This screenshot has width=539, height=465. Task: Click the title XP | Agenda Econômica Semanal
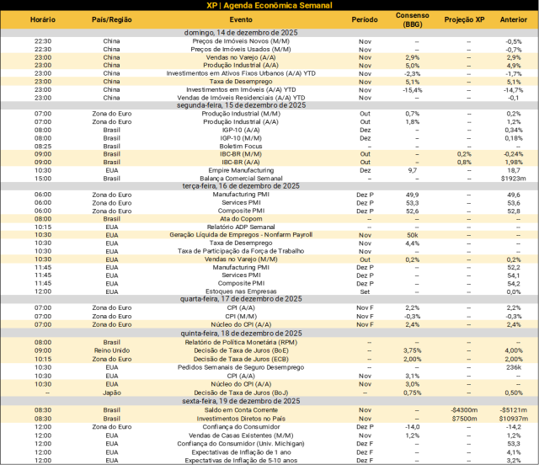point(269,5)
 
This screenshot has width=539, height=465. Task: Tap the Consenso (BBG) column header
point(413,19)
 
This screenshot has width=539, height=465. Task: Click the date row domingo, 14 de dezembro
point(241,32)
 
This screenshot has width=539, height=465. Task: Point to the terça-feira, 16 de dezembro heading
point(241,185)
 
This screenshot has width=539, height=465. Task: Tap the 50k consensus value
point(413,235)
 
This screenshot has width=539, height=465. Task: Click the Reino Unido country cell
point(112,350)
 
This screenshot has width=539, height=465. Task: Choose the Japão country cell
point(112,393)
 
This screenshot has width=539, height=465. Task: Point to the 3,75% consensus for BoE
point(413,350)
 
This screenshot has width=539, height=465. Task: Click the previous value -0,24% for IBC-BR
point(513,154)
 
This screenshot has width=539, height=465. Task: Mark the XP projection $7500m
point(465,419)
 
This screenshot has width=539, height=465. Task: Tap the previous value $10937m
point(513,419)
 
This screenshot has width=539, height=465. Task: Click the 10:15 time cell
point(43,359)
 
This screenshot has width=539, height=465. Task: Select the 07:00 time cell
point(43,324)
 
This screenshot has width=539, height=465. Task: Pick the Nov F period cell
point(365,324)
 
